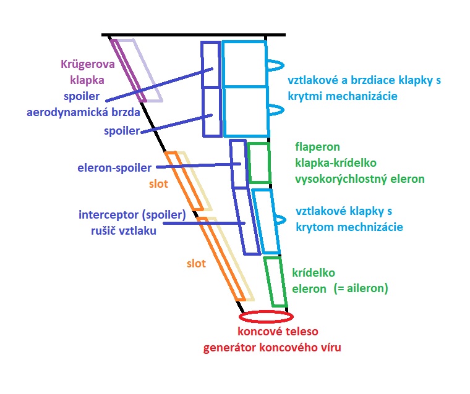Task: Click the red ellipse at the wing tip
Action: [x=266, y=317]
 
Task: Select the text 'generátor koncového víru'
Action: [x=271, y=347]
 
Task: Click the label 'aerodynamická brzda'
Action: [x=83, y=112]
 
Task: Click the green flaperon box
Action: [x=259, y=162]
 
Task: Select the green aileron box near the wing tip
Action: [x=275, y=282]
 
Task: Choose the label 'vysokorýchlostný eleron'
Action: [x=361, y=179]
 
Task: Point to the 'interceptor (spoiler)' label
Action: [x=132, y=215]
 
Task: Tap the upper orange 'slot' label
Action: [x=158, y=183]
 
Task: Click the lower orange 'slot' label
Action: [x=196, y=263]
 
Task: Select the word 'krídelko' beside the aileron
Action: [x=313, y=272]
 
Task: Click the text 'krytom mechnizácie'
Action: [x=349, y=227]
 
